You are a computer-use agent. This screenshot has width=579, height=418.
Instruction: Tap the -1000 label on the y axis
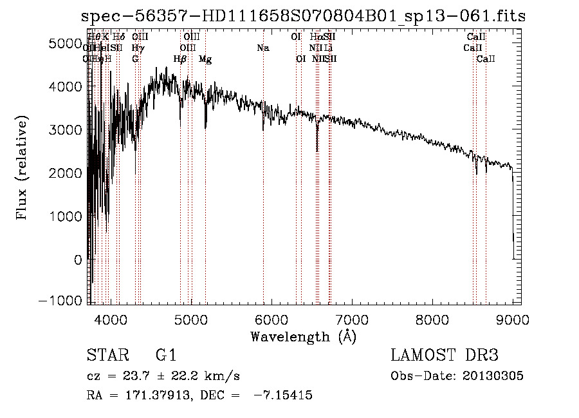[x=64, y=302]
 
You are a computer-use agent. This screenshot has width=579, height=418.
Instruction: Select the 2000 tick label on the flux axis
[x=68, y=173]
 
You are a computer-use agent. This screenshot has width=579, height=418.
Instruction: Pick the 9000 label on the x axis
[x=512, y=319]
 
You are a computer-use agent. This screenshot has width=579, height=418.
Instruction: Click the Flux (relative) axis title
[x=23, y=167]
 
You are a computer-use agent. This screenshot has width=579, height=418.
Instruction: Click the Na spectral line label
[x=262, y=48]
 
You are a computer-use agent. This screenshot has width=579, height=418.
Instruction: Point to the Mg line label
[x=205, y=59]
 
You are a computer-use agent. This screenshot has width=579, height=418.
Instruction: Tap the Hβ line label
[x=180, y=59]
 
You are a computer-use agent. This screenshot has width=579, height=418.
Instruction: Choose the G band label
[x=135, y=59]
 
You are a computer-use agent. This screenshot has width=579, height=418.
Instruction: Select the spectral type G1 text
[x=165, y=355]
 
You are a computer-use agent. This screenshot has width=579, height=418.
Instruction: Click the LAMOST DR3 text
[x=444, y=355]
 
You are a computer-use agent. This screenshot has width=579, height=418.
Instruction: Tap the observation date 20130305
[x=496, y=376]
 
